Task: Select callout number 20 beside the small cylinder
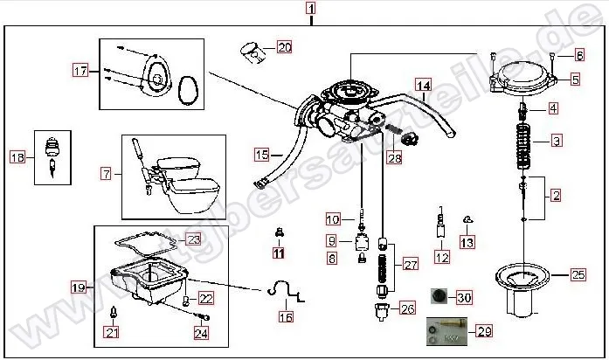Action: [284, 47]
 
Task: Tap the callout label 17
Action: [80, 71]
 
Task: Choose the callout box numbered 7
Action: [106, 174]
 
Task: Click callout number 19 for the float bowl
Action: [78, 287]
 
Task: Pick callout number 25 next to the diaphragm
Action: [578, 275]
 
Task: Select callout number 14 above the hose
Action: [423, 86]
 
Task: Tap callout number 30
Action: [464, 297]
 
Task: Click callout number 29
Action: [485, 331]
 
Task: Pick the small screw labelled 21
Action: [113, 313]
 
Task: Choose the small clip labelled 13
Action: [468, 219]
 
